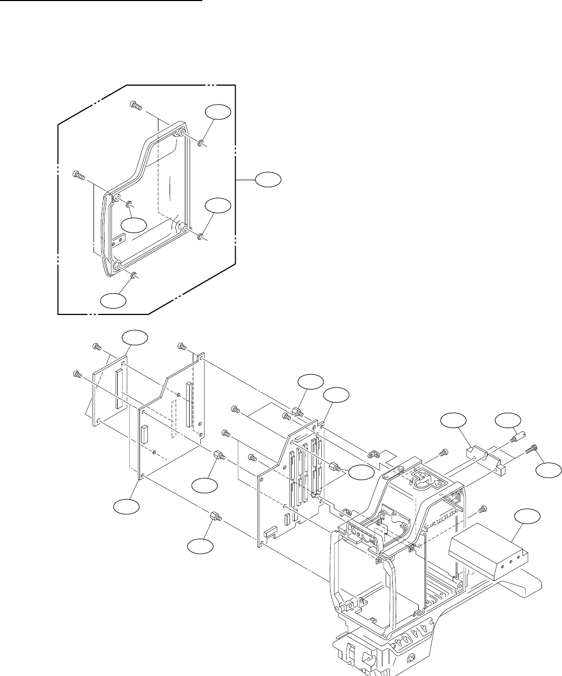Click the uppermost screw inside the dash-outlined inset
coord(136,106)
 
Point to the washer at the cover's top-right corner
coord(201,143)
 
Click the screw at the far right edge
coord(533,449)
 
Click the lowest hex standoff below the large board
coord(215,517)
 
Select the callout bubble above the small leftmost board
coord(134,339)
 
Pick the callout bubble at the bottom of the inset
coord(114,301)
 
